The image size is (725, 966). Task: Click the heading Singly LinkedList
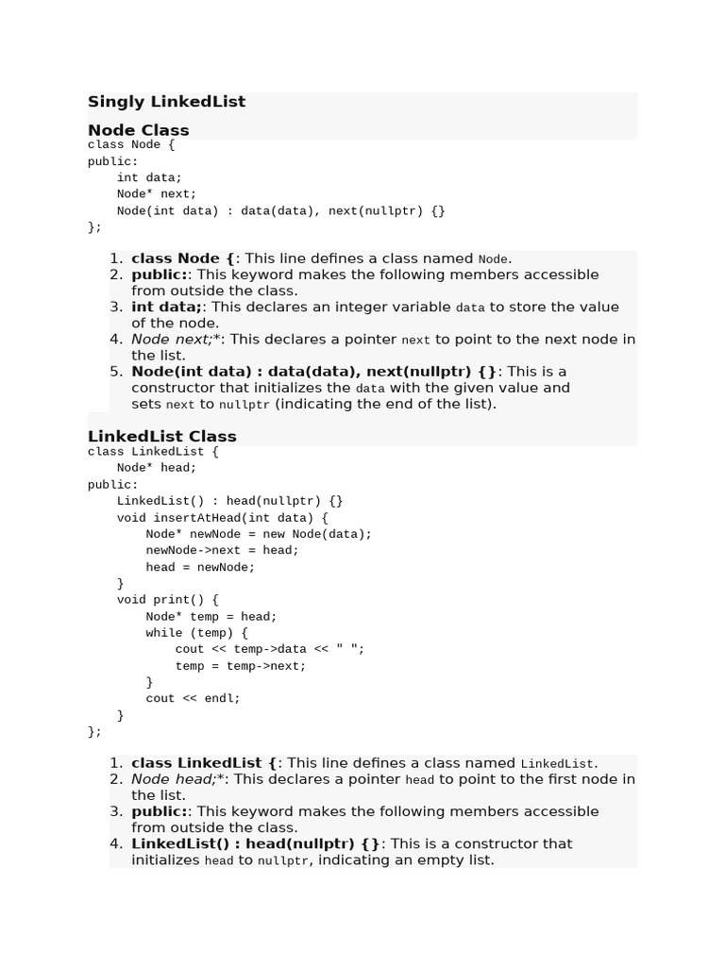[x=166, y=102]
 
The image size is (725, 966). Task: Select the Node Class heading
[x=138, y=130]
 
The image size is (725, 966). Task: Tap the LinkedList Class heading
[x=161, y=436]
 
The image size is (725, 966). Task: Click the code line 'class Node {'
[x=131, y=145]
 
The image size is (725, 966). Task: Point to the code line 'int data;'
[x=149, y=177]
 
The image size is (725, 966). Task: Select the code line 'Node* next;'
[x=157, y=194]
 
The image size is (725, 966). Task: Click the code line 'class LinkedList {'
[x=153, y=452]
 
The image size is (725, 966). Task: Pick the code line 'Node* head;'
[x=157, y=468]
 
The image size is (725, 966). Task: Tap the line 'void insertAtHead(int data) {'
[x=222, y=518]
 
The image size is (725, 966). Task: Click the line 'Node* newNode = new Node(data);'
[x=259, y=534]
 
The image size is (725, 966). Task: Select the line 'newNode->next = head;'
[x=222, y=550]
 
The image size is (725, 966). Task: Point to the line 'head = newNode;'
[x=200, y=567]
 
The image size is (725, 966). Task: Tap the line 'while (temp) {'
[x=196, y=633]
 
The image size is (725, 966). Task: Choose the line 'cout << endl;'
[x=193, y=699]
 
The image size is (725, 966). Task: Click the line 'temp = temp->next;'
[x=240, y=666]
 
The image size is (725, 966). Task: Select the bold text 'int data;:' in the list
[x=167, y=307]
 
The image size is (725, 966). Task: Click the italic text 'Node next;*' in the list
[x=176, y=340]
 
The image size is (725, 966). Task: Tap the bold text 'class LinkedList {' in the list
[x=205, y=763]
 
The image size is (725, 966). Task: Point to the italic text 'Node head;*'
[x=177, y=779]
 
